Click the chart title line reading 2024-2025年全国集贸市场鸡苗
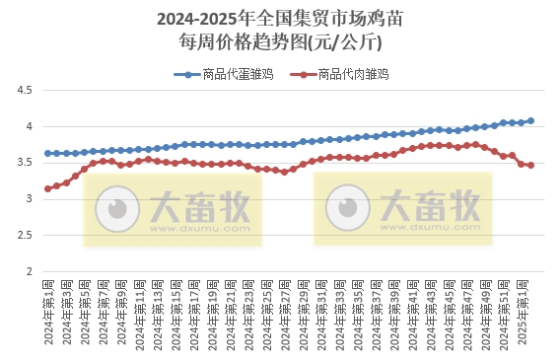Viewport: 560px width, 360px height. coord(279,19)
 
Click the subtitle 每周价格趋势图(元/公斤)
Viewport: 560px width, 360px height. coord(279,42)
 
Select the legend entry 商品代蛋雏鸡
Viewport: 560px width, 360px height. coord(226,74)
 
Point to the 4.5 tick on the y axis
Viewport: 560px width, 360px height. coord(23,90)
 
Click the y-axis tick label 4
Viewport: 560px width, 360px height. coord(28,126)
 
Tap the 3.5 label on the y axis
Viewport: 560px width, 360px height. coord(23,163)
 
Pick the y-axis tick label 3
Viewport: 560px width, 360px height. coord(28,199)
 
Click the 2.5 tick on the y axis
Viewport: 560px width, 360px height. coord(23,235)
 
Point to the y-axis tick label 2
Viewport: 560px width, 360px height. coord(28,271)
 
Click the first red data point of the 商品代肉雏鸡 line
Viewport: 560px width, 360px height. coord(47,188)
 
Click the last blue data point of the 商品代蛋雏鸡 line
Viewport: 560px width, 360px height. coord(531,121)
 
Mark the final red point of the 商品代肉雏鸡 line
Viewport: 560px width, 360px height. coord(531,165)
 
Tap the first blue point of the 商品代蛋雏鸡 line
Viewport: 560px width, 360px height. coord(47,153)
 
